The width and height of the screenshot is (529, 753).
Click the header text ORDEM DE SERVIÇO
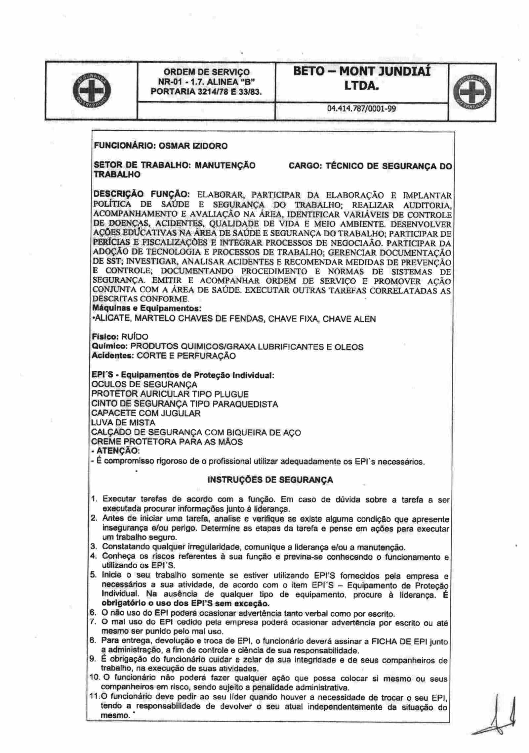coord(207,72)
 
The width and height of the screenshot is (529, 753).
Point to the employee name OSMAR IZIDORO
coord(193,146)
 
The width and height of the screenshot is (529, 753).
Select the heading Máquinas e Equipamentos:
coord(147,308)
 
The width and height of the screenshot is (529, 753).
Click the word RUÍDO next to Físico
coord(135,337)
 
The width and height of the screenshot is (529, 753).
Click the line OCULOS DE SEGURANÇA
coord(144,385)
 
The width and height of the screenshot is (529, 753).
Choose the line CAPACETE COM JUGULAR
coord(146,413)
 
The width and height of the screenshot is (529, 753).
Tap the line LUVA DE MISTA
coord(123,423)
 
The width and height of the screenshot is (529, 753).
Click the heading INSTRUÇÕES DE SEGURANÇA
coord(270,480)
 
